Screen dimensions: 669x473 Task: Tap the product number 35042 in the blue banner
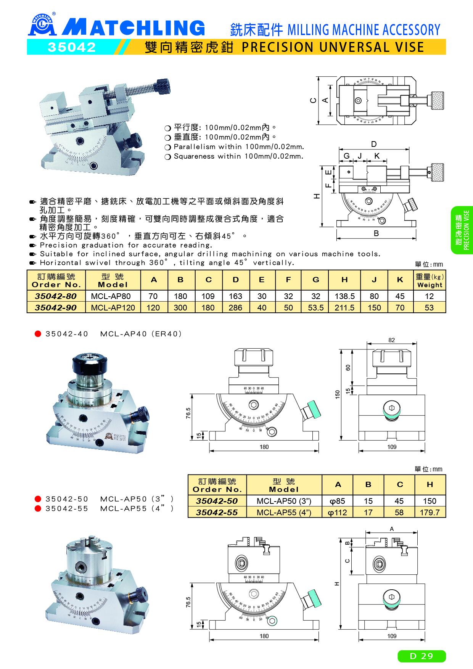coord(71,47)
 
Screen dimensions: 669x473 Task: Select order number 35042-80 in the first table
coord(56,296)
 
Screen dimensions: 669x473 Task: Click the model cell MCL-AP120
coord(113,307)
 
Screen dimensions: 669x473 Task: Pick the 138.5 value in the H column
coord(344,296)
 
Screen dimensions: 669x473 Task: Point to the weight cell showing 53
coord(429,307)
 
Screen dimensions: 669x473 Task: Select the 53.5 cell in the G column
coord(316,307)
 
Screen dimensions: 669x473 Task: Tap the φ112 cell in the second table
coord(338,512)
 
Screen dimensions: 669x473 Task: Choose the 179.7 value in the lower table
coord(430,512)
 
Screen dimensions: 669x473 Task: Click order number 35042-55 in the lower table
coord(217,512)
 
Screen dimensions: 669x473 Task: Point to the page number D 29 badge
coord(422,656)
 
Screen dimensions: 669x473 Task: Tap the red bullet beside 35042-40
coord(38,334)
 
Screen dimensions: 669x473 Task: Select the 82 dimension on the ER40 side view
coord(392,340)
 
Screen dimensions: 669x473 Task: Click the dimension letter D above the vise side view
coord(374,144)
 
